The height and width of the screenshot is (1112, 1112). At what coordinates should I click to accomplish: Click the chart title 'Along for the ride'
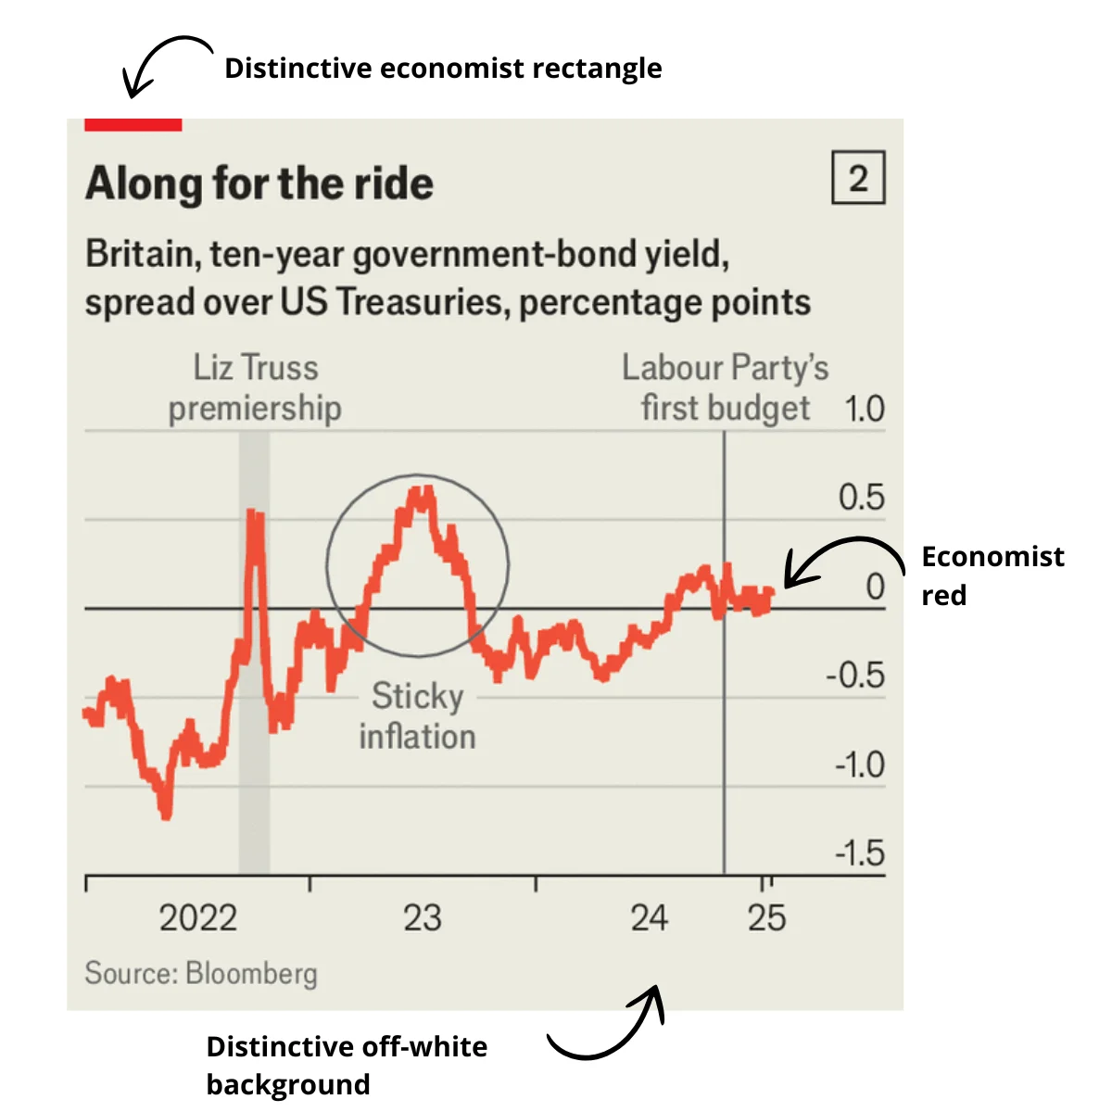259,183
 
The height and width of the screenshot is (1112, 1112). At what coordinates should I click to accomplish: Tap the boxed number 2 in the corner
858,178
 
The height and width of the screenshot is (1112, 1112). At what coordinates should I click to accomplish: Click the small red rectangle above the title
133,124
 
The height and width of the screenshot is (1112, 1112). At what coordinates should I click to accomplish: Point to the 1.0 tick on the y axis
864,409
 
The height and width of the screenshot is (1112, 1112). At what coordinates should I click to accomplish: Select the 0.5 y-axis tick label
861,498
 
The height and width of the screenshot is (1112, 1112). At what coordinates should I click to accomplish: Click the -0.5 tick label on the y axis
854,676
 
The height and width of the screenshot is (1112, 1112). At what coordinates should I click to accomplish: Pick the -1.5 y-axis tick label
859,853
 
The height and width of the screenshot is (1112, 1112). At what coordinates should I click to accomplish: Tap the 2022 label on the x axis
198,918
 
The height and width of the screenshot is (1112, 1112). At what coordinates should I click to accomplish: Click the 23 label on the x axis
423,918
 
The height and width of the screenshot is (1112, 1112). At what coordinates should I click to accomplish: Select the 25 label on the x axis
766,918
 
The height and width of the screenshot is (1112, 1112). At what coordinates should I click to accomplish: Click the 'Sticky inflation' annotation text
417,716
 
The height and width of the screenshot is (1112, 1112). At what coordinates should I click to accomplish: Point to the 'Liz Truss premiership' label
255,387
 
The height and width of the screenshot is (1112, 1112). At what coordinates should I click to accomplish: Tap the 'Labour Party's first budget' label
726,387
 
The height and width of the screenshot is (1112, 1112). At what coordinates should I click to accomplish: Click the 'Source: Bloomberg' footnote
201,973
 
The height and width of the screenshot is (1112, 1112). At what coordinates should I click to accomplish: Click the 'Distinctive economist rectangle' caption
443,69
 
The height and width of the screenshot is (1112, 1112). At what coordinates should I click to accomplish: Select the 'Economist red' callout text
992,575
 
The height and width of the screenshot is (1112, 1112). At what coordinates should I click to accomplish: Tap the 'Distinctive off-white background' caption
347,1066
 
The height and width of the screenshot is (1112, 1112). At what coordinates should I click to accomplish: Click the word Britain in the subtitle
141,254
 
